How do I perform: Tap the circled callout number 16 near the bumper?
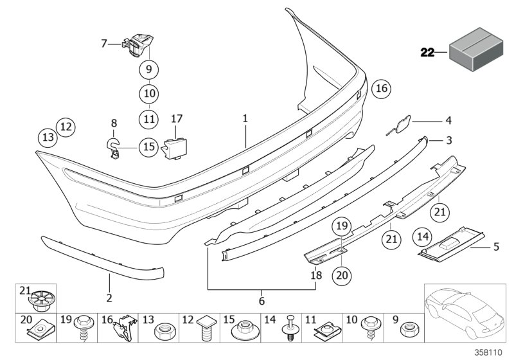point(380,89)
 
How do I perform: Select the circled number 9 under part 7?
point(147,68)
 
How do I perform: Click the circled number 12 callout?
point(66,127)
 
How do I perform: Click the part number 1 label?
point(245,119)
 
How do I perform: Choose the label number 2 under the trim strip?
point(109,298)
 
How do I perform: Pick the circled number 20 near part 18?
point(342,274)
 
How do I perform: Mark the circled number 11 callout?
point(148,118)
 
